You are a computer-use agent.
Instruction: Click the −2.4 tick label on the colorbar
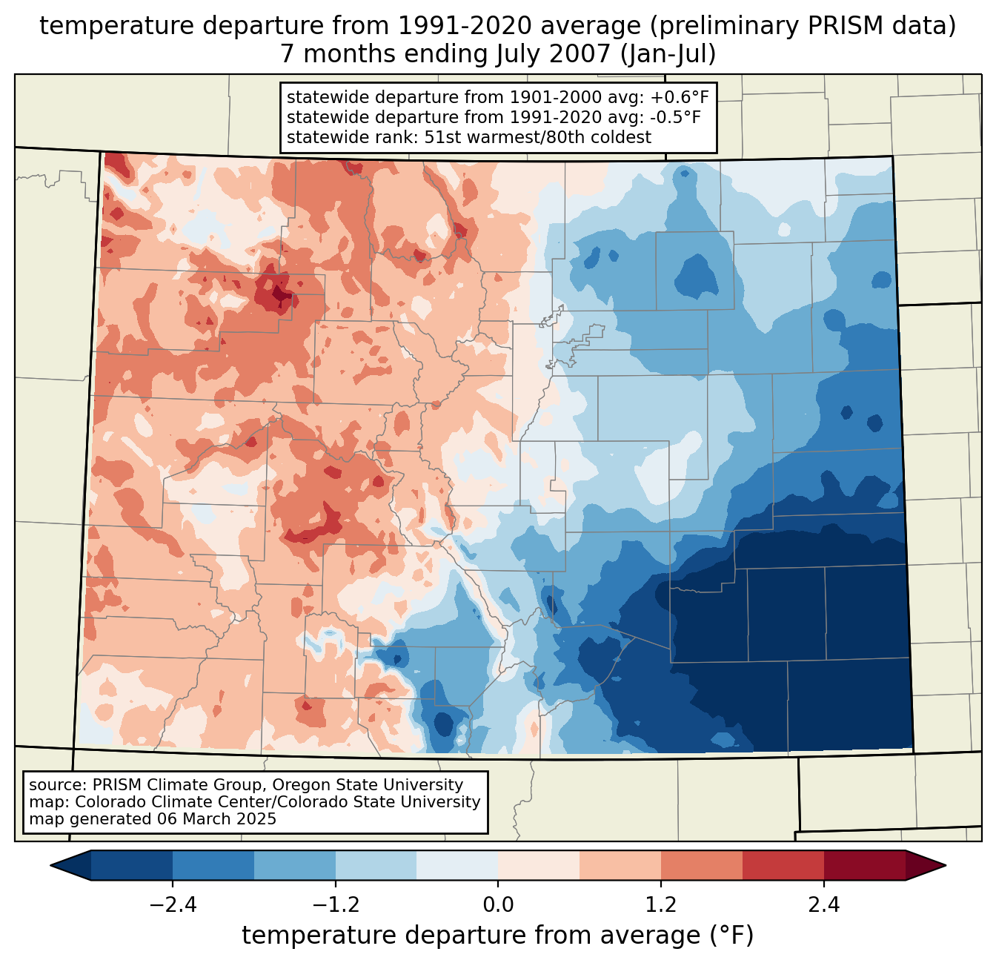[173, 905]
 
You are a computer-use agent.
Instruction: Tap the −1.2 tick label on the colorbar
[335, 905]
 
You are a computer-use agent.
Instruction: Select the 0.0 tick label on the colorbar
[498, 905]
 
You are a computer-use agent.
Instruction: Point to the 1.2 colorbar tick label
[661, 905]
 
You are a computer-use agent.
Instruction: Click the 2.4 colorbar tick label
[823, 905]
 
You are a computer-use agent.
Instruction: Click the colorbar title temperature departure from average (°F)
[497, 936]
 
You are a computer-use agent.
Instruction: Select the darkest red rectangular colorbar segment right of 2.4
[864, 865]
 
